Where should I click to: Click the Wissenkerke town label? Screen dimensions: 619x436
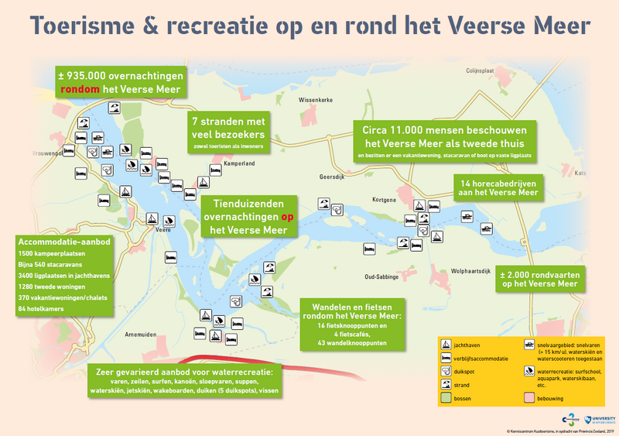point(314,101)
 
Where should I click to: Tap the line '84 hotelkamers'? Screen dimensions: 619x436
point(41,309)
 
